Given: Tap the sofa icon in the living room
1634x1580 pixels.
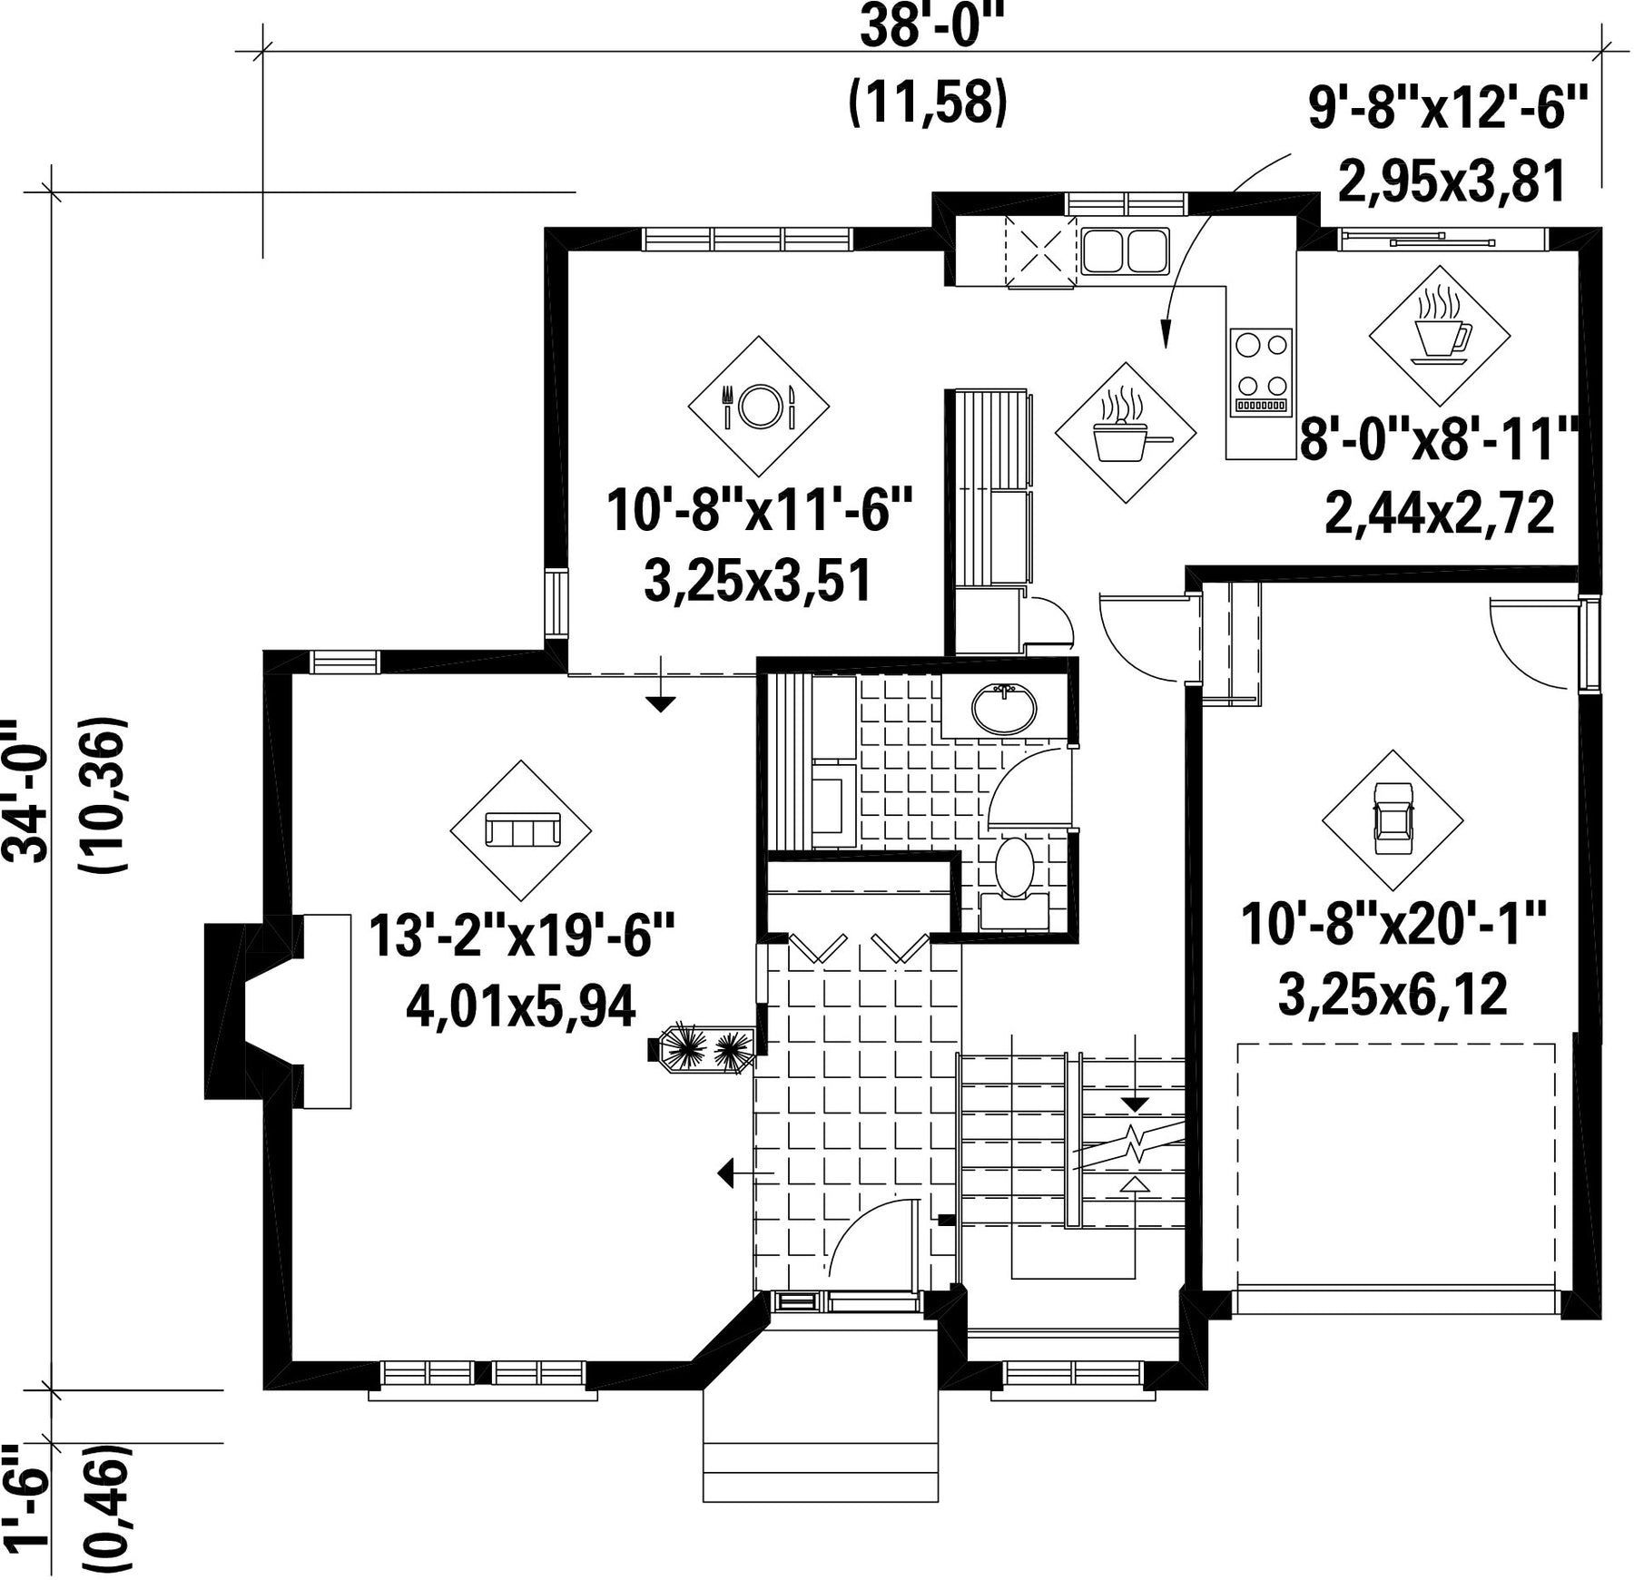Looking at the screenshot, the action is (522, 829).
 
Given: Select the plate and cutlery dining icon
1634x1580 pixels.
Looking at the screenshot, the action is (759, 406).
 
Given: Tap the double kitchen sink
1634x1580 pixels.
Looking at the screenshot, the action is (1125, 251).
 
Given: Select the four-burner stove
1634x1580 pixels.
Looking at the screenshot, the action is (1261, 372).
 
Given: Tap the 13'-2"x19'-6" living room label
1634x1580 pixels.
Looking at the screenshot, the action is (522, 935).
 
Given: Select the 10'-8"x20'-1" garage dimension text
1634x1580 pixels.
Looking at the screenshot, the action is (1393, 925).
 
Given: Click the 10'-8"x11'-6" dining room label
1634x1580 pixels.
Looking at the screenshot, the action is (759, 509).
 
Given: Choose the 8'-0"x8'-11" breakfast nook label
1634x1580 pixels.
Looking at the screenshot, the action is (1440, 440).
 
